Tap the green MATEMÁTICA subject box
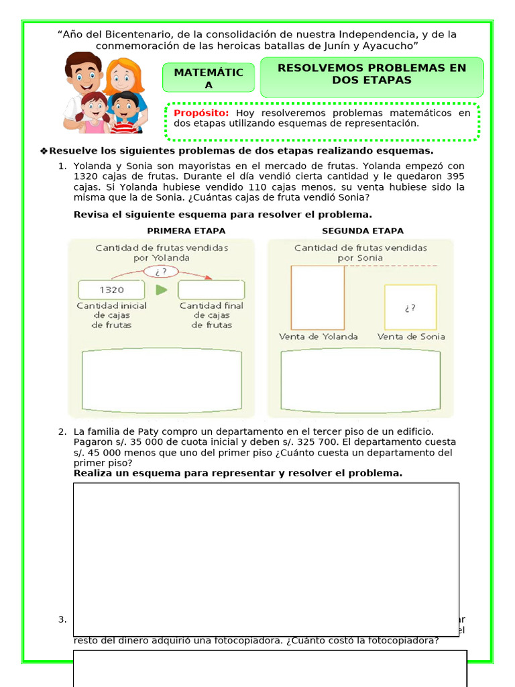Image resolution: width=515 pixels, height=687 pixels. [209, 78]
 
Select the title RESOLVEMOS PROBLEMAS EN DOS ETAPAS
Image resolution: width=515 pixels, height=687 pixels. [371, 74]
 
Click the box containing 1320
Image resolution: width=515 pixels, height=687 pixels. [111, 290]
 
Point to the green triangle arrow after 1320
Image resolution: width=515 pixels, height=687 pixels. [161, 290]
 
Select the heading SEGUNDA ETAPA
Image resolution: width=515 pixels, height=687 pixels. [363, 231]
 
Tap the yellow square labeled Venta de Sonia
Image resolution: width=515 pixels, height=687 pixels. [410, 307]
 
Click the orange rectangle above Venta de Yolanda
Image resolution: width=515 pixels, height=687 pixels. [318, 297]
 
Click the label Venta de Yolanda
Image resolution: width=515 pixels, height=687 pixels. [319, 337]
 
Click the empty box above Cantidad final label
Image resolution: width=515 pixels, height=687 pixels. [211, 290]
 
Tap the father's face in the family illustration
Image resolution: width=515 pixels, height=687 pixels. [84, 73]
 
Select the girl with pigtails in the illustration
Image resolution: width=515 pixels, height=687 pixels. [94, 111]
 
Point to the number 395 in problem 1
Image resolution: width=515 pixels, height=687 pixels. [455, 176]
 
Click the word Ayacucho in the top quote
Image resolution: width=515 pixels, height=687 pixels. [391, 46]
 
